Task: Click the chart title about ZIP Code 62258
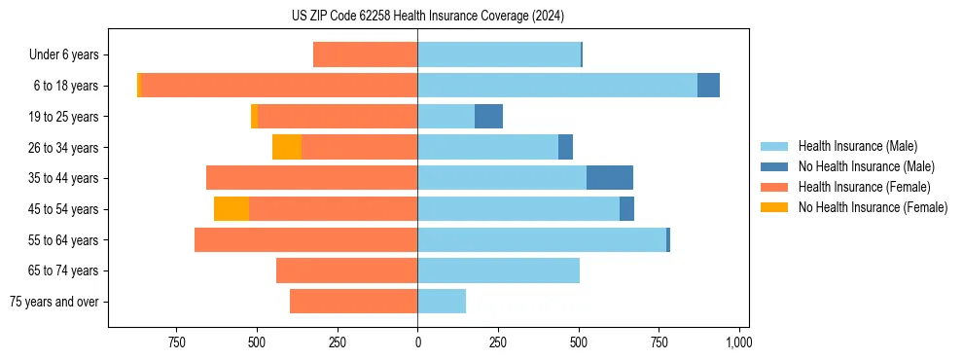pos(427,16)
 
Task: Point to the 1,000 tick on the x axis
pos(738,342)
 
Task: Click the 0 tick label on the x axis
pos(417,342)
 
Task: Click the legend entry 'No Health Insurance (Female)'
pos(873,207)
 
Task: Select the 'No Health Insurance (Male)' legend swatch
pos(775,166)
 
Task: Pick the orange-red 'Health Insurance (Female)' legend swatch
pos(775,187)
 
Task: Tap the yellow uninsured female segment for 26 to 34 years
pos(287,147)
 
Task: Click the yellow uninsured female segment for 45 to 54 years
pos(232,209)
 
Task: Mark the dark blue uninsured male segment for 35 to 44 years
pos(610,178)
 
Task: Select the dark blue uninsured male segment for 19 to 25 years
pos(488,117)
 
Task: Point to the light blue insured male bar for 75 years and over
pos(442,302)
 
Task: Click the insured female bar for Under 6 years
pos(366,55)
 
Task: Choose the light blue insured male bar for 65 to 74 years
pos(498,270)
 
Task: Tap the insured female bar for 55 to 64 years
pos(306,239)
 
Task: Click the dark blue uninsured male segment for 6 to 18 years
pos(708,86)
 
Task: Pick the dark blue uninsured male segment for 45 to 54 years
pos(626,209)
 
